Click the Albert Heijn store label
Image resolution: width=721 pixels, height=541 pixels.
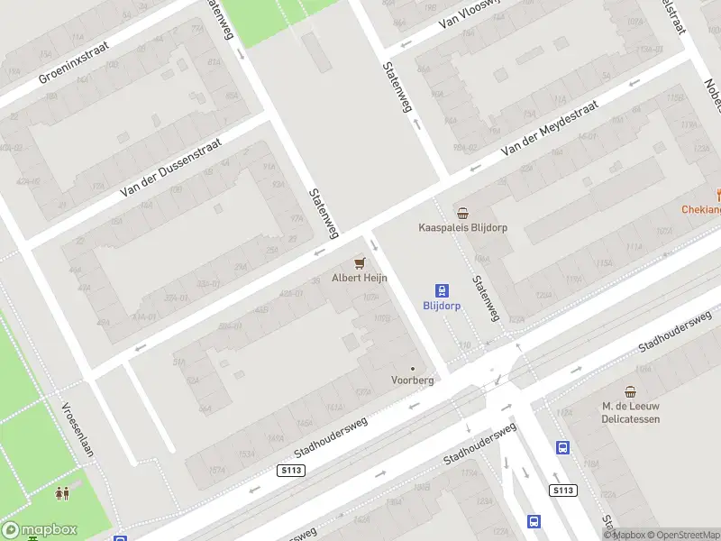(360, 279)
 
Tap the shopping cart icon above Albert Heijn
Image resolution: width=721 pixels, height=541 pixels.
(360, 262)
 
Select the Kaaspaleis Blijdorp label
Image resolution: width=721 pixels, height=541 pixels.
(463, 228)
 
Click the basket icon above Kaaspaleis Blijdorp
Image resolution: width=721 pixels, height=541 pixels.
(462, 213)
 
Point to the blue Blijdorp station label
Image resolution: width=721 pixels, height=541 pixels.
(443, 306)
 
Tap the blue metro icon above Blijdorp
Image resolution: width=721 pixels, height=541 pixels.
(443, 290)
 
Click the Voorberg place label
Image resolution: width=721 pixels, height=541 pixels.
(413, 381)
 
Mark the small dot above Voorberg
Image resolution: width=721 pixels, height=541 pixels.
(413, 368)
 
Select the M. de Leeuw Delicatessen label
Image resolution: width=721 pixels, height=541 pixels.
(631, 412)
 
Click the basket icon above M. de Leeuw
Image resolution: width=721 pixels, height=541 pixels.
(631, 391)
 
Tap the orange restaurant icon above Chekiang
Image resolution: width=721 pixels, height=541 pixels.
(719, 194)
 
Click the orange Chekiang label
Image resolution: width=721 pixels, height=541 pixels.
(702, 210)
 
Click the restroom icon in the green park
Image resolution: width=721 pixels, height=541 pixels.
(63, 493)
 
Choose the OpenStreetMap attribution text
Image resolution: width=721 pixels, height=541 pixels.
(681, 535)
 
